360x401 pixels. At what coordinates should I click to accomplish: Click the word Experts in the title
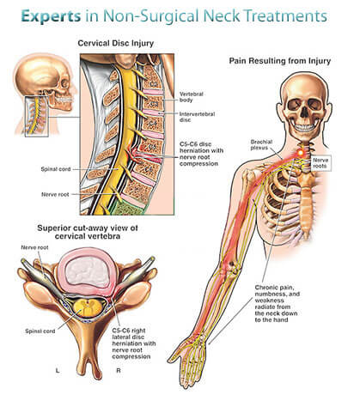(51, 15)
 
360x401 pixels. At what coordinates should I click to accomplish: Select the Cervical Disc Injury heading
(116, 43)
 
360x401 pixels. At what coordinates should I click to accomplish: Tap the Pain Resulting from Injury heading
(280, 61)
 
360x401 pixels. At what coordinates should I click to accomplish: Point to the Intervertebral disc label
(197, 117)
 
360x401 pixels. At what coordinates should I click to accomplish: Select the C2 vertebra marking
(154, 84)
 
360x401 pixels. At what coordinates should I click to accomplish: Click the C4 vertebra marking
(153, 125)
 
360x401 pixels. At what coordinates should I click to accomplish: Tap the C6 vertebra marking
(149, 169)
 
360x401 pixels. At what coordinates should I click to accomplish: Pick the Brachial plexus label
(261, 145)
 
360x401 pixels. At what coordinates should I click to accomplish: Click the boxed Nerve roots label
(320, 163)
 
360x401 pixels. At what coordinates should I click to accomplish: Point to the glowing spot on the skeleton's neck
(301, 153)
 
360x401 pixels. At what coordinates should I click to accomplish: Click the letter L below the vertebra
(58, 370)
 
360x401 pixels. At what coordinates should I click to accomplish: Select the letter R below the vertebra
(119, 370)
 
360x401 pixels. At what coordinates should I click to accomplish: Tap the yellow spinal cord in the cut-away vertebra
(87, 307)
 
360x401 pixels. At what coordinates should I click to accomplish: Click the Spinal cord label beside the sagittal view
(56, 169)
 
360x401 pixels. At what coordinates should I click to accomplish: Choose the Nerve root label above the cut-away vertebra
(34, 247)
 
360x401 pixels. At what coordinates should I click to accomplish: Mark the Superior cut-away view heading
(88, 232)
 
